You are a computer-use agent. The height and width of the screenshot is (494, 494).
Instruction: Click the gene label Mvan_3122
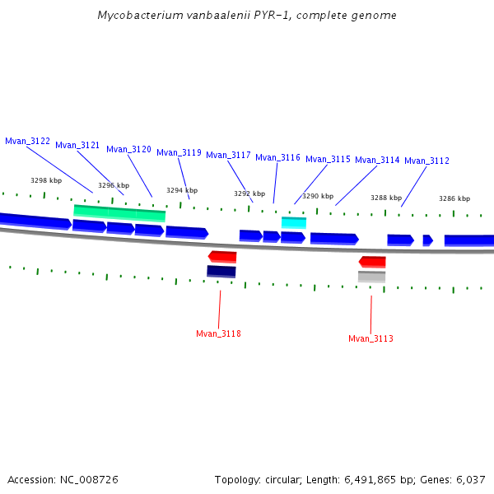(x=27, y=141)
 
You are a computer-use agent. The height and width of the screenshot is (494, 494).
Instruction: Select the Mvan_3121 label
(x=77, y=145)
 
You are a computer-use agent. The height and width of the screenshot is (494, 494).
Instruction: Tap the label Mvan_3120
(x=128, y=149)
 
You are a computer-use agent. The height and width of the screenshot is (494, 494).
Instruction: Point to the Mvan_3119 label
(x=179, y=152)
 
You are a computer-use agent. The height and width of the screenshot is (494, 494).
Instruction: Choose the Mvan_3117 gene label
(x=228, y=155)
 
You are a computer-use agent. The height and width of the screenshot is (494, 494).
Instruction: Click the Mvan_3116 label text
(x=277, y=157)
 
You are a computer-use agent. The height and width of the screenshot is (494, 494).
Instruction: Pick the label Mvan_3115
(x=328, y=159)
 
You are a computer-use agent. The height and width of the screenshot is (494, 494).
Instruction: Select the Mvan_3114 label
(x=377, y=160)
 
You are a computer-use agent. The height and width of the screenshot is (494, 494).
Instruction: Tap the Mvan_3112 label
(x=426, y=161)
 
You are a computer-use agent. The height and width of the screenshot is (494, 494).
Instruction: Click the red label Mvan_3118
(x=218, y=333)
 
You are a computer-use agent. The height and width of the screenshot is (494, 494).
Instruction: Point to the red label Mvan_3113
(x=370, y=338)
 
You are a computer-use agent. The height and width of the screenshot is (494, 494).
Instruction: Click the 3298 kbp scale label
(x=46, y=180)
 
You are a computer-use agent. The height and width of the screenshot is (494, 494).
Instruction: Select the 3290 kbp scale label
(x=318, y=196)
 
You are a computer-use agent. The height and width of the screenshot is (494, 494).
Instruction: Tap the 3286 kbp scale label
(x=454, y=198)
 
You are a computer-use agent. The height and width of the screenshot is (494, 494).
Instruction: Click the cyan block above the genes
(x=294, y=222)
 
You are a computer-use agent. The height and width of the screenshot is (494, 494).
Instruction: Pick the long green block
(x=119, y=212)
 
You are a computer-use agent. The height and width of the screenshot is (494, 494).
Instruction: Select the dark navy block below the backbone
(x=221, y=271)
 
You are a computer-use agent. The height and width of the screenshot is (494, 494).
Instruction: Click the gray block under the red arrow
(x=371, y=277)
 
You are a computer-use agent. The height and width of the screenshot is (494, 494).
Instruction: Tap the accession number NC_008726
(x=88, y=479)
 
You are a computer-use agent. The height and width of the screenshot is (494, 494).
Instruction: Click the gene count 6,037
(x=469, y=479)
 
